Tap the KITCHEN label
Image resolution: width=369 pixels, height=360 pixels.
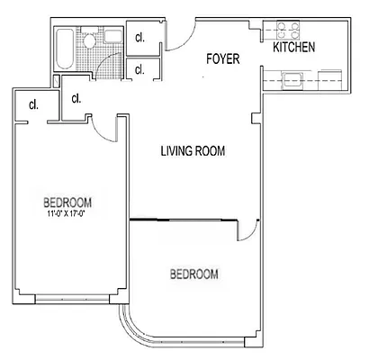pos(293,47)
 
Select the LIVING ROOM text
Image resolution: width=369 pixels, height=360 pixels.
pos(193,150)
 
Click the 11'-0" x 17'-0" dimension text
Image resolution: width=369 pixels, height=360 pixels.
pos(68,214)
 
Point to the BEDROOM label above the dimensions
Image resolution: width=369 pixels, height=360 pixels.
pos(68,202)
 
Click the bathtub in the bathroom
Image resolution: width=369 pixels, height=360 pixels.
pos(65,49)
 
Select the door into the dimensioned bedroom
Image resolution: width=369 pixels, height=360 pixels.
pos(106,130)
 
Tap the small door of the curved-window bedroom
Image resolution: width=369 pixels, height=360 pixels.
pos(245,231)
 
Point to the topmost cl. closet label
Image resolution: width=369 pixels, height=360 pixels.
pos(140,38)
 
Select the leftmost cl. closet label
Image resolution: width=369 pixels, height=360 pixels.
pos(33,104)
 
